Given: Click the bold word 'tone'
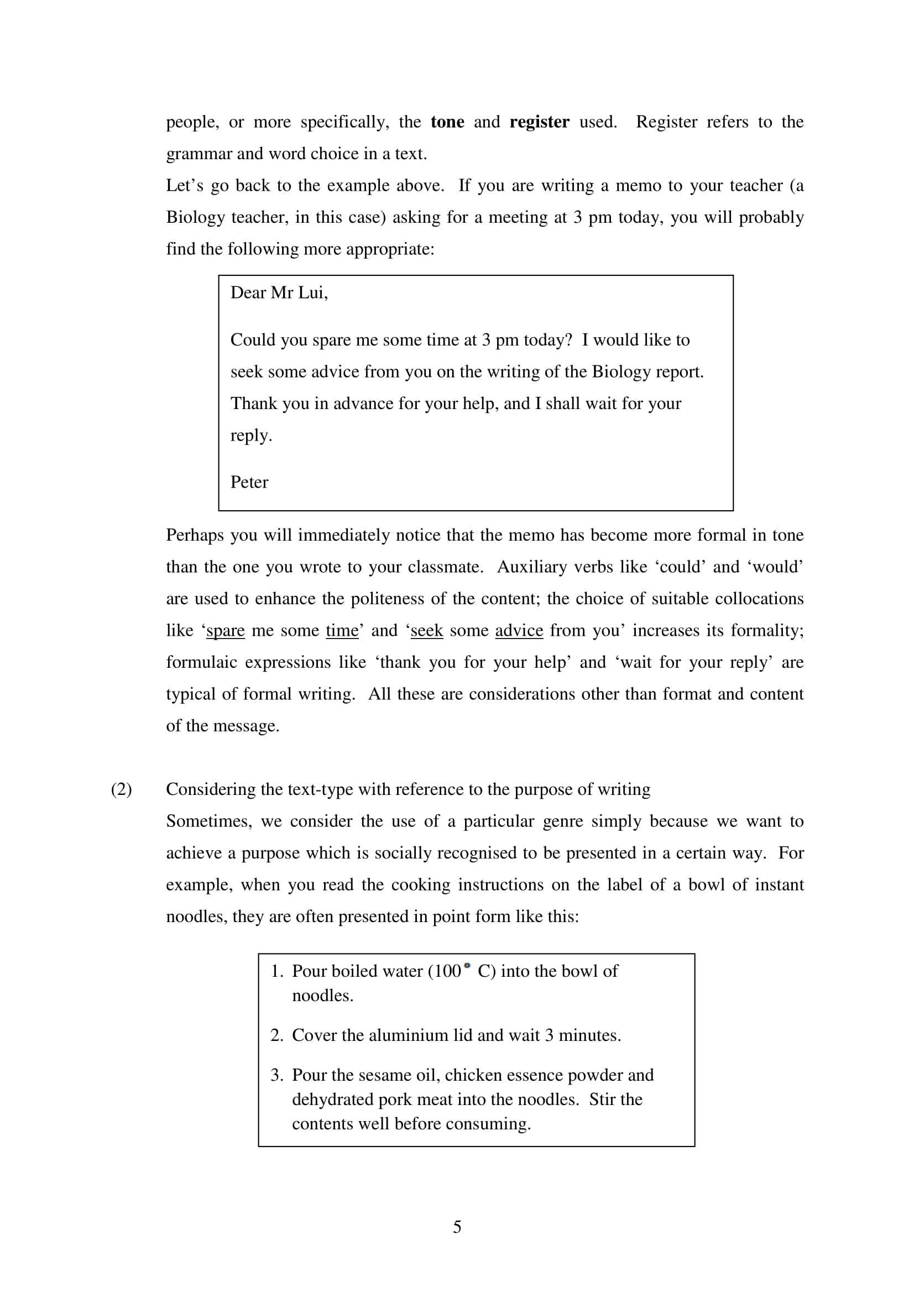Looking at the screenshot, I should tap(447, 122).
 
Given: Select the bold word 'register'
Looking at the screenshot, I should tap(539, 122).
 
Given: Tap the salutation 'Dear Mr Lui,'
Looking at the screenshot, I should tap(279, 293).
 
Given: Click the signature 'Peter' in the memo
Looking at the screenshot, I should tap(249, 482).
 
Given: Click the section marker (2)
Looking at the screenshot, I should tap(121, 789).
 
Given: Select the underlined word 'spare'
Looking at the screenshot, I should tap(225, 631).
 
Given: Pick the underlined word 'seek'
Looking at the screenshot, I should tap(426, 631).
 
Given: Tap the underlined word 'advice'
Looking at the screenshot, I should tap(519, 631).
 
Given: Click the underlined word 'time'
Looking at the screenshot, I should tap(342, 631).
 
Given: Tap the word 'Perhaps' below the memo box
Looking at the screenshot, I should tap(194, 535).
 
